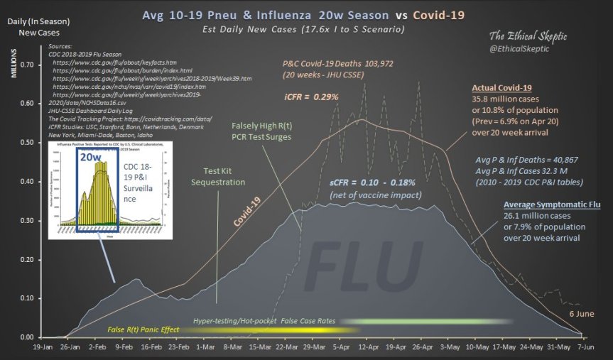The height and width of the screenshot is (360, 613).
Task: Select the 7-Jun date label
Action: pos(585,349)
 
